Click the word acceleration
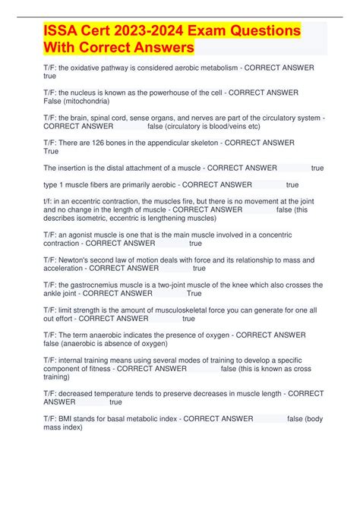pyautogui.click(x=64, y=268)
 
